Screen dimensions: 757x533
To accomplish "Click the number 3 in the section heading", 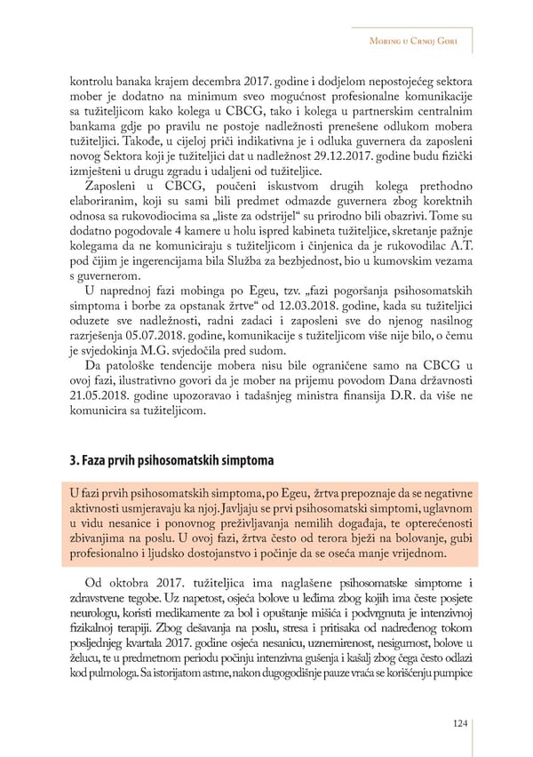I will [x=72, y=460].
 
